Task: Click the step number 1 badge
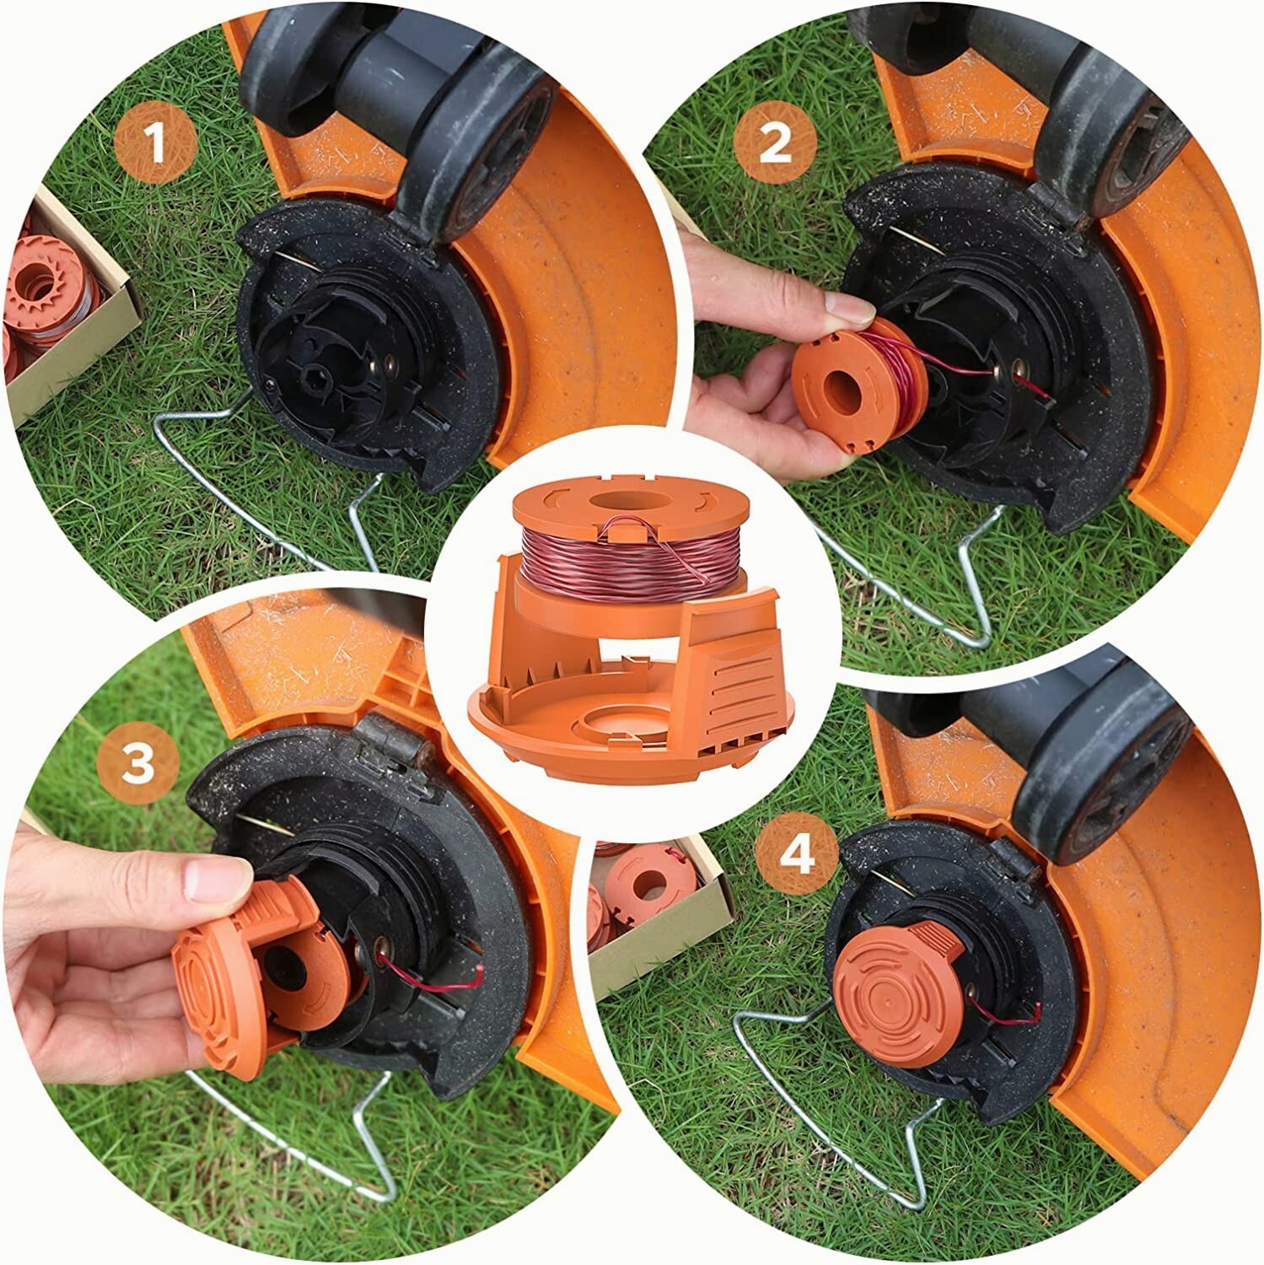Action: tap(156, 144)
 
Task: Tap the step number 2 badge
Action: tap(775, 144)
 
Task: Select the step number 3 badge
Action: tap(138, 762)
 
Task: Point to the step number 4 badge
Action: tap(797, 855)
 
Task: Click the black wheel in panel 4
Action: tap(1096, 784)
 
